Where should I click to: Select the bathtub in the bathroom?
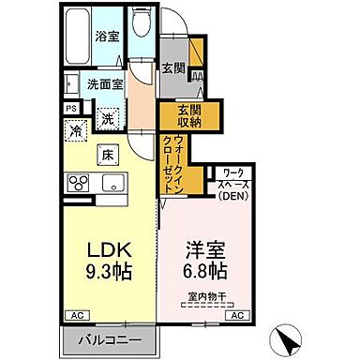click(x=80, y=37)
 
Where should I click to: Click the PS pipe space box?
click(x=71, y=108)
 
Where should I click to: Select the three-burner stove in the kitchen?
click(x=79, y=181)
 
